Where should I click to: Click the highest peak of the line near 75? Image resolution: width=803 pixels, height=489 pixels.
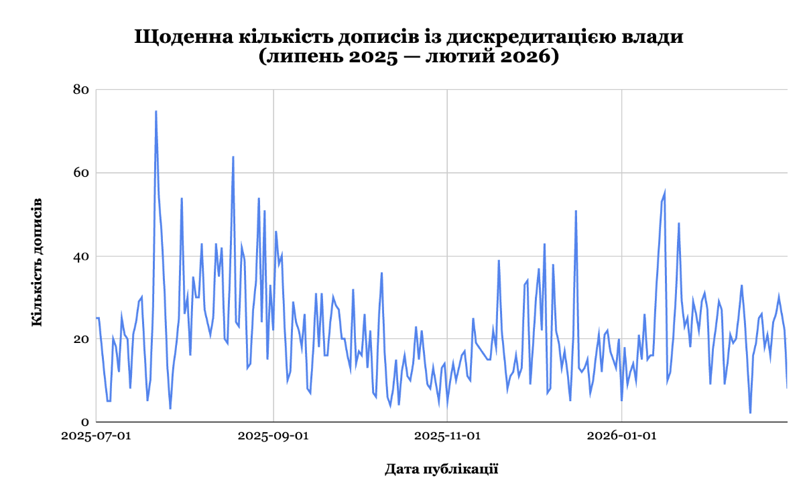pos(156,111)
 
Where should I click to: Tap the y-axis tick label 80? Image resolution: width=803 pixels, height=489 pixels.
pos(82,89)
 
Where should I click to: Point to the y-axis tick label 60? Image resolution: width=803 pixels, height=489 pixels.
pos(82,173)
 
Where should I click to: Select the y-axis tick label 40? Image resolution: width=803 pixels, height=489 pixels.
pos(82,256)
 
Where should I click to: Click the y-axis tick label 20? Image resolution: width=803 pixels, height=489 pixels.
pos(82,339)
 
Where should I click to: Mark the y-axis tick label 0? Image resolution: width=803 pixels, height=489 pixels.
pos(86,422)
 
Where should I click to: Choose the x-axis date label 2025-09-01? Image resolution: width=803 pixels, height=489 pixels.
pos(273,436)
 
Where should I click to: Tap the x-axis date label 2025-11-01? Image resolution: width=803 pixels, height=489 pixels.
pos(447,436)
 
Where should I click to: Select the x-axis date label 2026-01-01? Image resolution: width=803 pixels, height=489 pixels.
pos(621,436)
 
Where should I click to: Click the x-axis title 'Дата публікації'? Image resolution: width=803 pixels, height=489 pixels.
pos(441,468)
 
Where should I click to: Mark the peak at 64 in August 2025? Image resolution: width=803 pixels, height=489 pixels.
pos(233,157)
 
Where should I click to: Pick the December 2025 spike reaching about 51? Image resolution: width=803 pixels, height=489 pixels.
pos(576,211)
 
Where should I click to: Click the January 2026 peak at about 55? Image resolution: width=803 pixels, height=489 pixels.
pos(665,192)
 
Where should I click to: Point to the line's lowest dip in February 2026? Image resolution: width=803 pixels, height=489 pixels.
pos(751,413)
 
